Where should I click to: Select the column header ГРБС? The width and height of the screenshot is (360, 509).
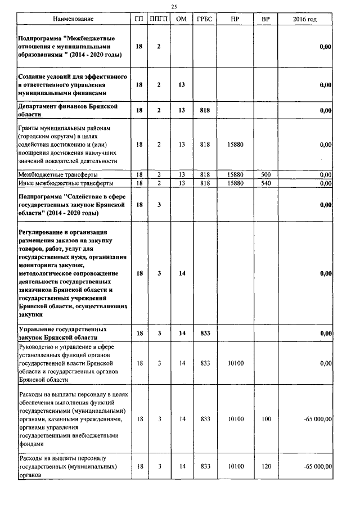tap(205, 20)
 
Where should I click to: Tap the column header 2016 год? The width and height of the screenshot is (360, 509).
tap(305, 20)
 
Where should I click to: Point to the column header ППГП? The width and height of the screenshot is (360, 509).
tap(159, 20)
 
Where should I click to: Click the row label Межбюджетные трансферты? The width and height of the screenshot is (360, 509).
tap(50, 175)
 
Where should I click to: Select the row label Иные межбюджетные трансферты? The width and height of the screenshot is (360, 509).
tap(57, 183)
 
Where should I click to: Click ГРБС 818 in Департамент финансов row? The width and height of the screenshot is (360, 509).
tap(205, 111)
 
